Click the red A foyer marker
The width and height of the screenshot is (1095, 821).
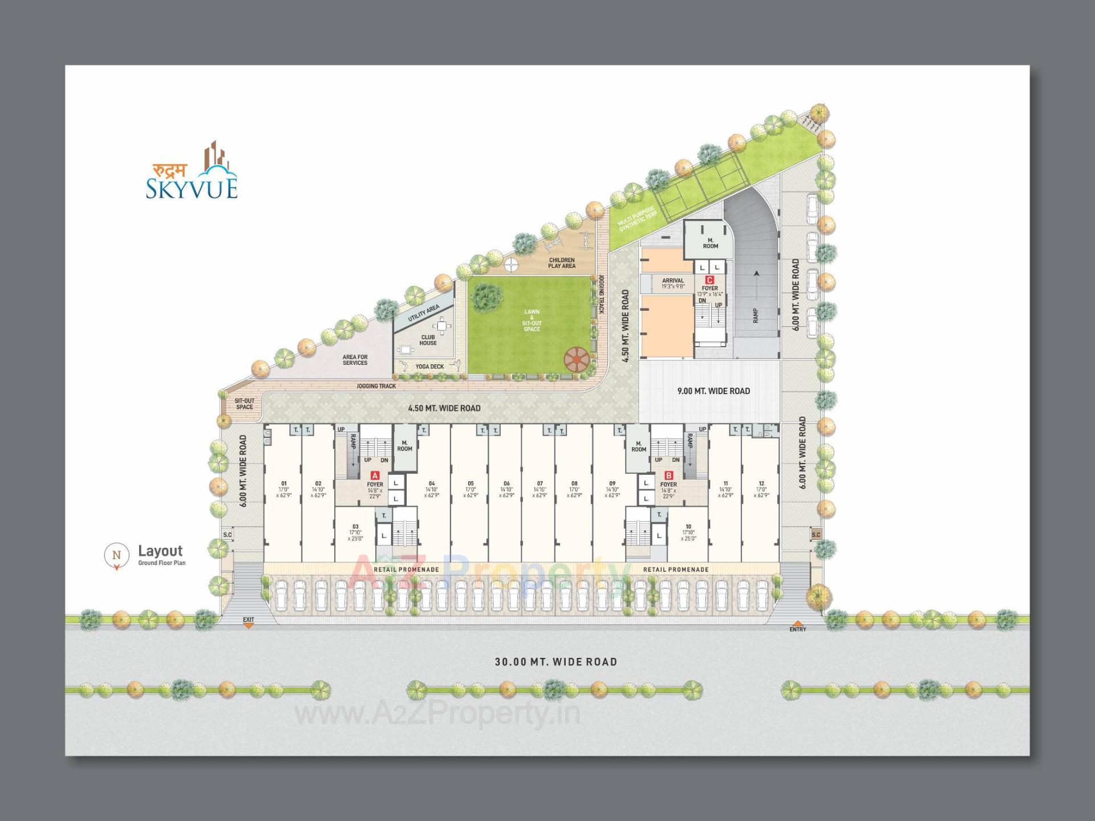click(x=375, y=475)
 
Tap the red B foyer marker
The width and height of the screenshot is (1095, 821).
click(x=669, y=475)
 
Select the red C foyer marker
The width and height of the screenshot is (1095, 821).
click(x=709, y=280)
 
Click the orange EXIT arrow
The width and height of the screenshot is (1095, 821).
click(x=248, y=625)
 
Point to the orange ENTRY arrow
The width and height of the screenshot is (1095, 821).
click(x=798, y=623)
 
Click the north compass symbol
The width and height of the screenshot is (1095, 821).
click(x=117, y=555)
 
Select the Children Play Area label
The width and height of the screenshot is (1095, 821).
click(x=562, y=263)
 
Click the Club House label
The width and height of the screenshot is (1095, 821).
click(x=428, y=340)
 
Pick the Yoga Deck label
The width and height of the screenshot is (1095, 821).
click(x=429, y=367)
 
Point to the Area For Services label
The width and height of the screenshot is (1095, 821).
click(x=355, y=360)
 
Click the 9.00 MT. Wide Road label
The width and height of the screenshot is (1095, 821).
click(x=713, y=391)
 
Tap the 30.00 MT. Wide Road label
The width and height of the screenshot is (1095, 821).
click(x=555, y=662)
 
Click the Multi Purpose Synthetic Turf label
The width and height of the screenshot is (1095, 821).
click(x=638, y=219)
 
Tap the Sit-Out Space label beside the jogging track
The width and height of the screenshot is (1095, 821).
click(x=245, y=404)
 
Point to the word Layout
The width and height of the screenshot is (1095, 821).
click(x=160, y=551)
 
